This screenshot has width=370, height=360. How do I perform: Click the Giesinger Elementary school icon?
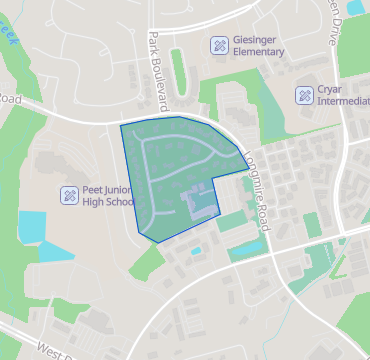[218, 45]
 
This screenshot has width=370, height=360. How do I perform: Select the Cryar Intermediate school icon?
[304, 95]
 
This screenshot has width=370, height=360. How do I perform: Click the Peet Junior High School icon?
[69, 195]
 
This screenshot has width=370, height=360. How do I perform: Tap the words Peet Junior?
[108, 188]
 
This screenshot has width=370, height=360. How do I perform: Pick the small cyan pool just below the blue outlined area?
[195, 250]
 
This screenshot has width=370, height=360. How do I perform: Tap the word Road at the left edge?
[10, 99]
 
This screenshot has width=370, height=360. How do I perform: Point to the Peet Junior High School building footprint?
[55, 165]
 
